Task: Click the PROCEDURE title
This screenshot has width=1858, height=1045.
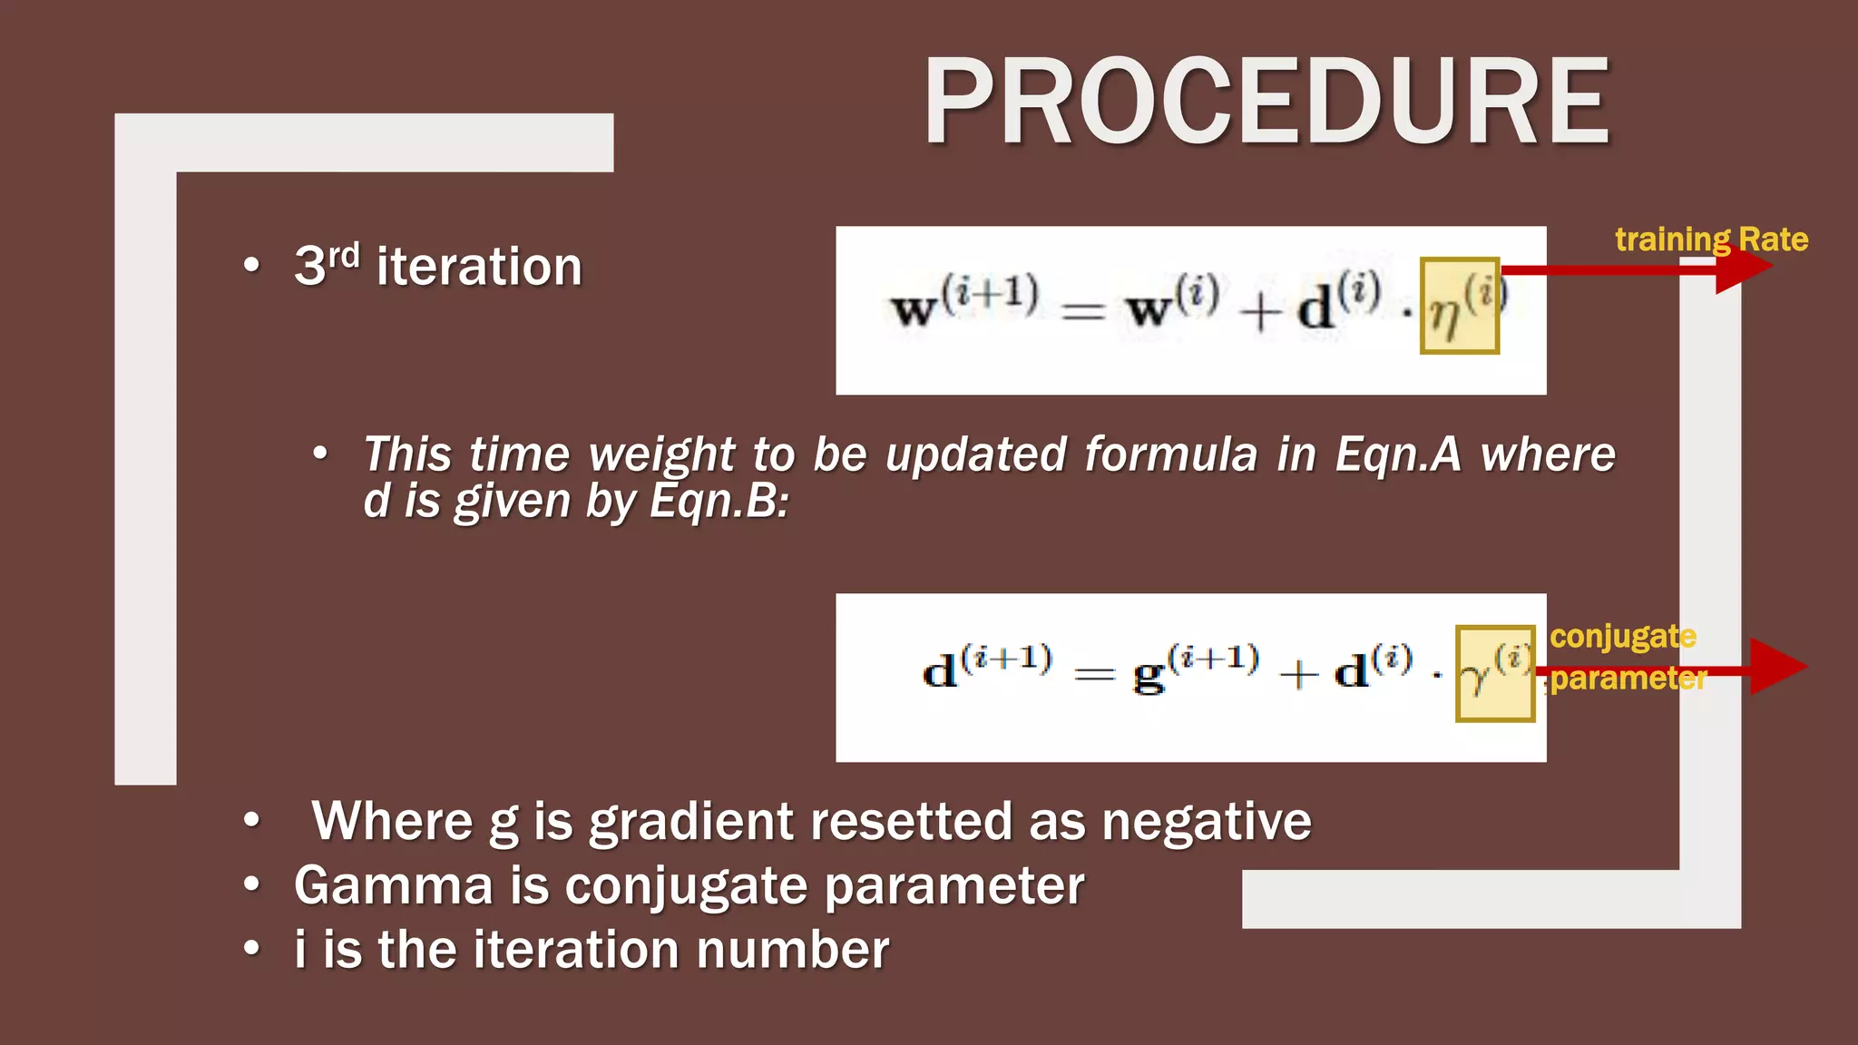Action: point(1266,101)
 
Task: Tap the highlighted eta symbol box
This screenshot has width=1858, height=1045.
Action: point(1459,306)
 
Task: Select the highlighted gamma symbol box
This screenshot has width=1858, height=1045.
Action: point(1494,673)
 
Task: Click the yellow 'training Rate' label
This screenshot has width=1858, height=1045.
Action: point(1711,239)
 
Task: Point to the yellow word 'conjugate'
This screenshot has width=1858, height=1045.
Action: point(1622,636)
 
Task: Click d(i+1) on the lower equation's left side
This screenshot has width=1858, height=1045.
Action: point(987,668)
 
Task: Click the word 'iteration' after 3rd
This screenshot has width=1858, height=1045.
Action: point(479,267)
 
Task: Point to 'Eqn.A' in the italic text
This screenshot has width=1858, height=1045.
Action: point(1397,454)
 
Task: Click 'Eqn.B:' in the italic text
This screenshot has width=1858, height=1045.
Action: point(719,501)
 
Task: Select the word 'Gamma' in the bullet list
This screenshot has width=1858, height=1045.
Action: point(393,885)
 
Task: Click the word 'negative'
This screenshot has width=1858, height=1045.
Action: point(1206,822)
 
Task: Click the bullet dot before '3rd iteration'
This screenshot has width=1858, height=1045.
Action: point(251,266)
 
